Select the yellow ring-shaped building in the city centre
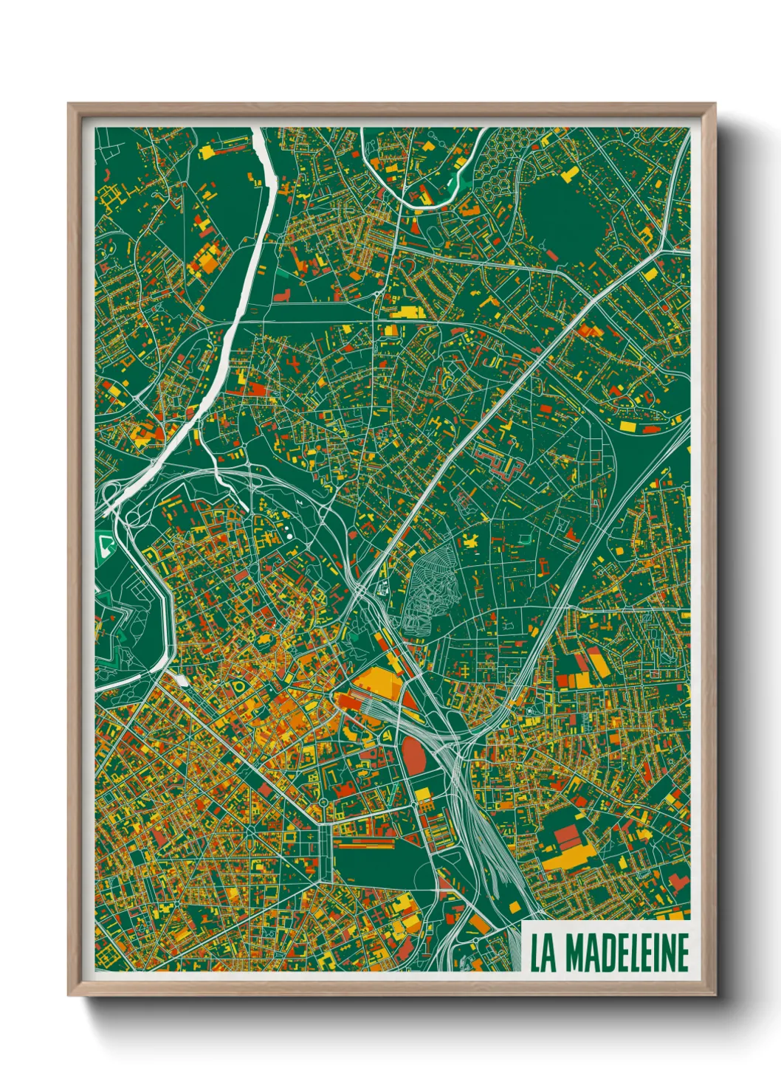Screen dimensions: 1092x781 point(238,686)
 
